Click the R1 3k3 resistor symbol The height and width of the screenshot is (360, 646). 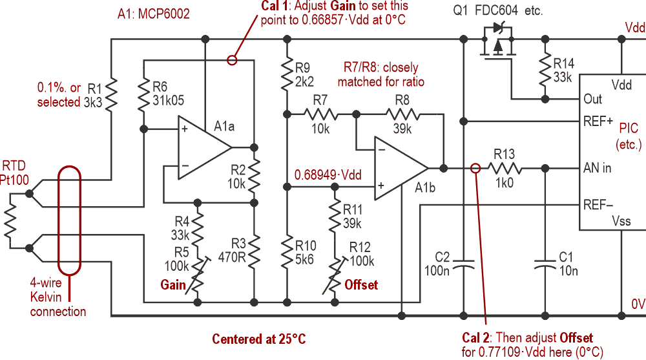pos(111,94)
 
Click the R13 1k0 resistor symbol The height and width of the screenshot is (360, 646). pos(504,168)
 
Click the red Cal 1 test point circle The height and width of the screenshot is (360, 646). pos(232,61)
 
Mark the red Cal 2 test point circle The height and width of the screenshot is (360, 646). pos(475,168)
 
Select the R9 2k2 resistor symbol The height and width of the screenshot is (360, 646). pos(286,76)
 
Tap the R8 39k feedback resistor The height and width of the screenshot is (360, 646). pos(401,114)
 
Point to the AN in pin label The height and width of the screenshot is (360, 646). pos(598,168)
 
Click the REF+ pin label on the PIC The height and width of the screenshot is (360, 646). pos(598,121)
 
